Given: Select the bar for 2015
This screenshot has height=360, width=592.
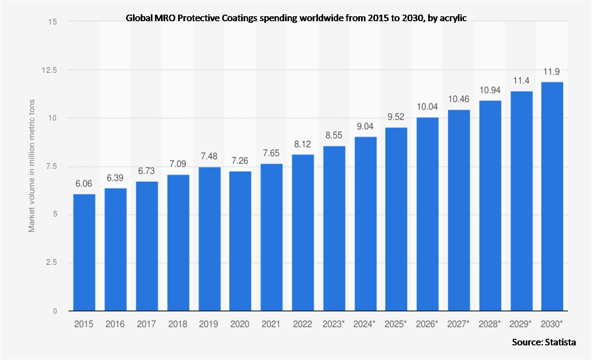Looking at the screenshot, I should [84, 252].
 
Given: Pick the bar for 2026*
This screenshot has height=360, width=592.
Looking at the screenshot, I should [427, 214].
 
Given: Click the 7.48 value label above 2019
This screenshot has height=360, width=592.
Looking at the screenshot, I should [209, 156].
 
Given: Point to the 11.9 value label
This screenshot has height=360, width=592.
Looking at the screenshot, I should [552, 72].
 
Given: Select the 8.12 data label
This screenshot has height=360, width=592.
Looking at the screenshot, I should [303, 144].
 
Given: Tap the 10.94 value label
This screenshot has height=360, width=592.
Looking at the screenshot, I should [490, 90].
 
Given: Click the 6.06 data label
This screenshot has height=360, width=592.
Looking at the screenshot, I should [84, 184].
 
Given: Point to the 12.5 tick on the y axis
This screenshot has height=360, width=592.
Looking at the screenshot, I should [49, 70].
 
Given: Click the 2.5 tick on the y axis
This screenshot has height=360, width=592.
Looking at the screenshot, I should [51, 263].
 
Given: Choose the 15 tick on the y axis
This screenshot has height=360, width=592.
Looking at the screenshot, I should [52, 22].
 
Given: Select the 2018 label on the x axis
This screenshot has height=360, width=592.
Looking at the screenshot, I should [178, 324].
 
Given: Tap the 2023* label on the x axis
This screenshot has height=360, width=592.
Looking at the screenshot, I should [333, 324].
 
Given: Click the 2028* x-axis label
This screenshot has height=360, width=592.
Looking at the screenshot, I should [490, 324].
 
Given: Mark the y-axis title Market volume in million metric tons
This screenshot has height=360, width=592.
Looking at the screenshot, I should [31, 166].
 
